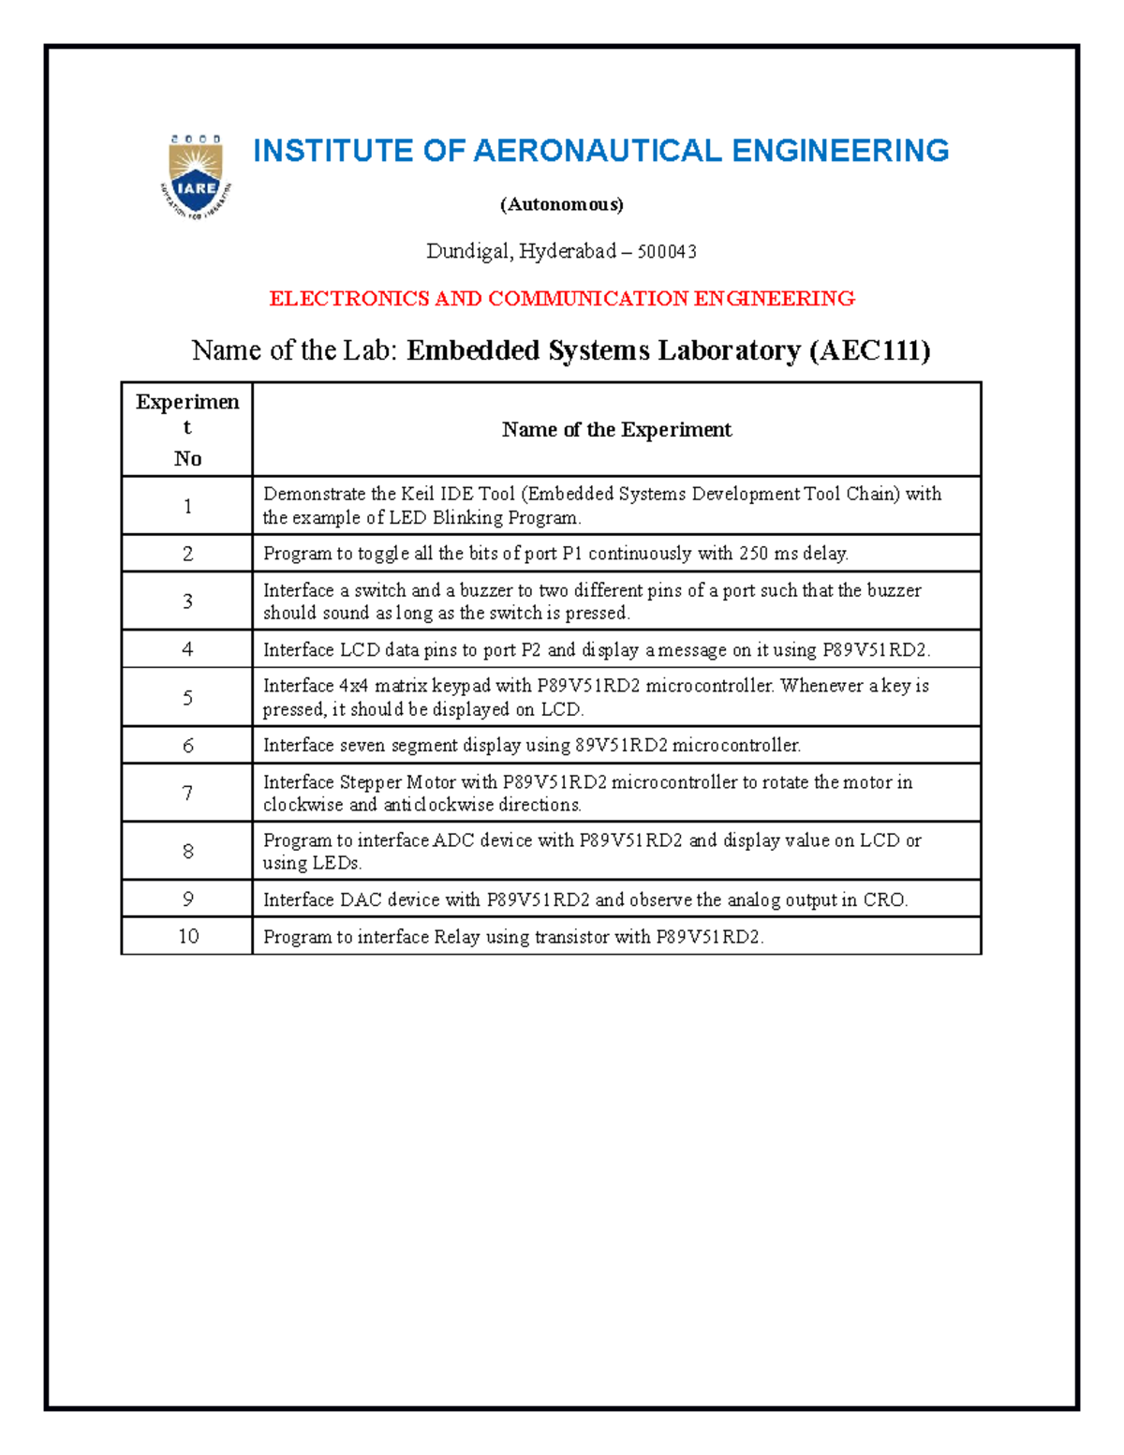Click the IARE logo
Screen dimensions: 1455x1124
[196, 177]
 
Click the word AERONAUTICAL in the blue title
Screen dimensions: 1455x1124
[597, 151]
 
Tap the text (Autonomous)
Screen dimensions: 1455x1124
[561, 204]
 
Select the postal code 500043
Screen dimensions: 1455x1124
[666, 251]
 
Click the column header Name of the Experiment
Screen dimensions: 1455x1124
[616, 430]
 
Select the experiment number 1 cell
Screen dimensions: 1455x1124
[187, 507]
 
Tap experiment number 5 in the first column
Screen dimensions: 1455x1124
[187, 698]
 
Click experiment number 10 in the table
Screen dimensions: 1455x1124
[188, 936]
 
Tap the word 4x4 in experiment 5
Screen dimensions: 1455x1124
[354, 686]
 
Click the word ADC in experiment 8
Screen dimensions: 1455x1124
[454, 840]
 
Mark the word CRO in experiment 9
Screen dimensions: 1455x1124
[883, 900]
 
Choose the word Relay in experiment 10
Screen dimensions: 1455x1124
[456, 937]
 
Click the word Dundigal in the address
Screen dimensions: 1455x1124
[468, 251]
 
